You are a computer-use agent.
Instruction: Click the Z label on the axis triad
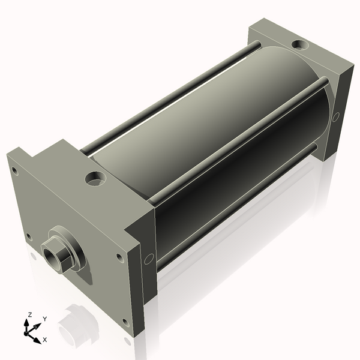pyautogui.click(x=29, y=314)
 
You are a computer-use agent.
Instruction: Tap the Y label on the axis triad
pyautogui.click(x=45, y=319)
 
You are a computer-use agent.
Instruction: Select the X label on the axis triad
pyautogui.click(x=45, y=340)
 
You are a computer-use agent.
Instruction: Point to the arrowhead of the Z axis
pyautogui.click(x=26, y=323)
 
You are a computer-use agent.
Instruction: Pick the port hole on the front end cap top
pyautogui.click(x=96, y=178)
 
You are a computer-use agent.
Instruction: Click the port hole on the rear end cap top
pyautogui.click(x=301, y=44)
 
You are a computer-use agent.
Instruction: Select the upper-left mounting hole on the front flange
pyautogui.click(x=14, y=171)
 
